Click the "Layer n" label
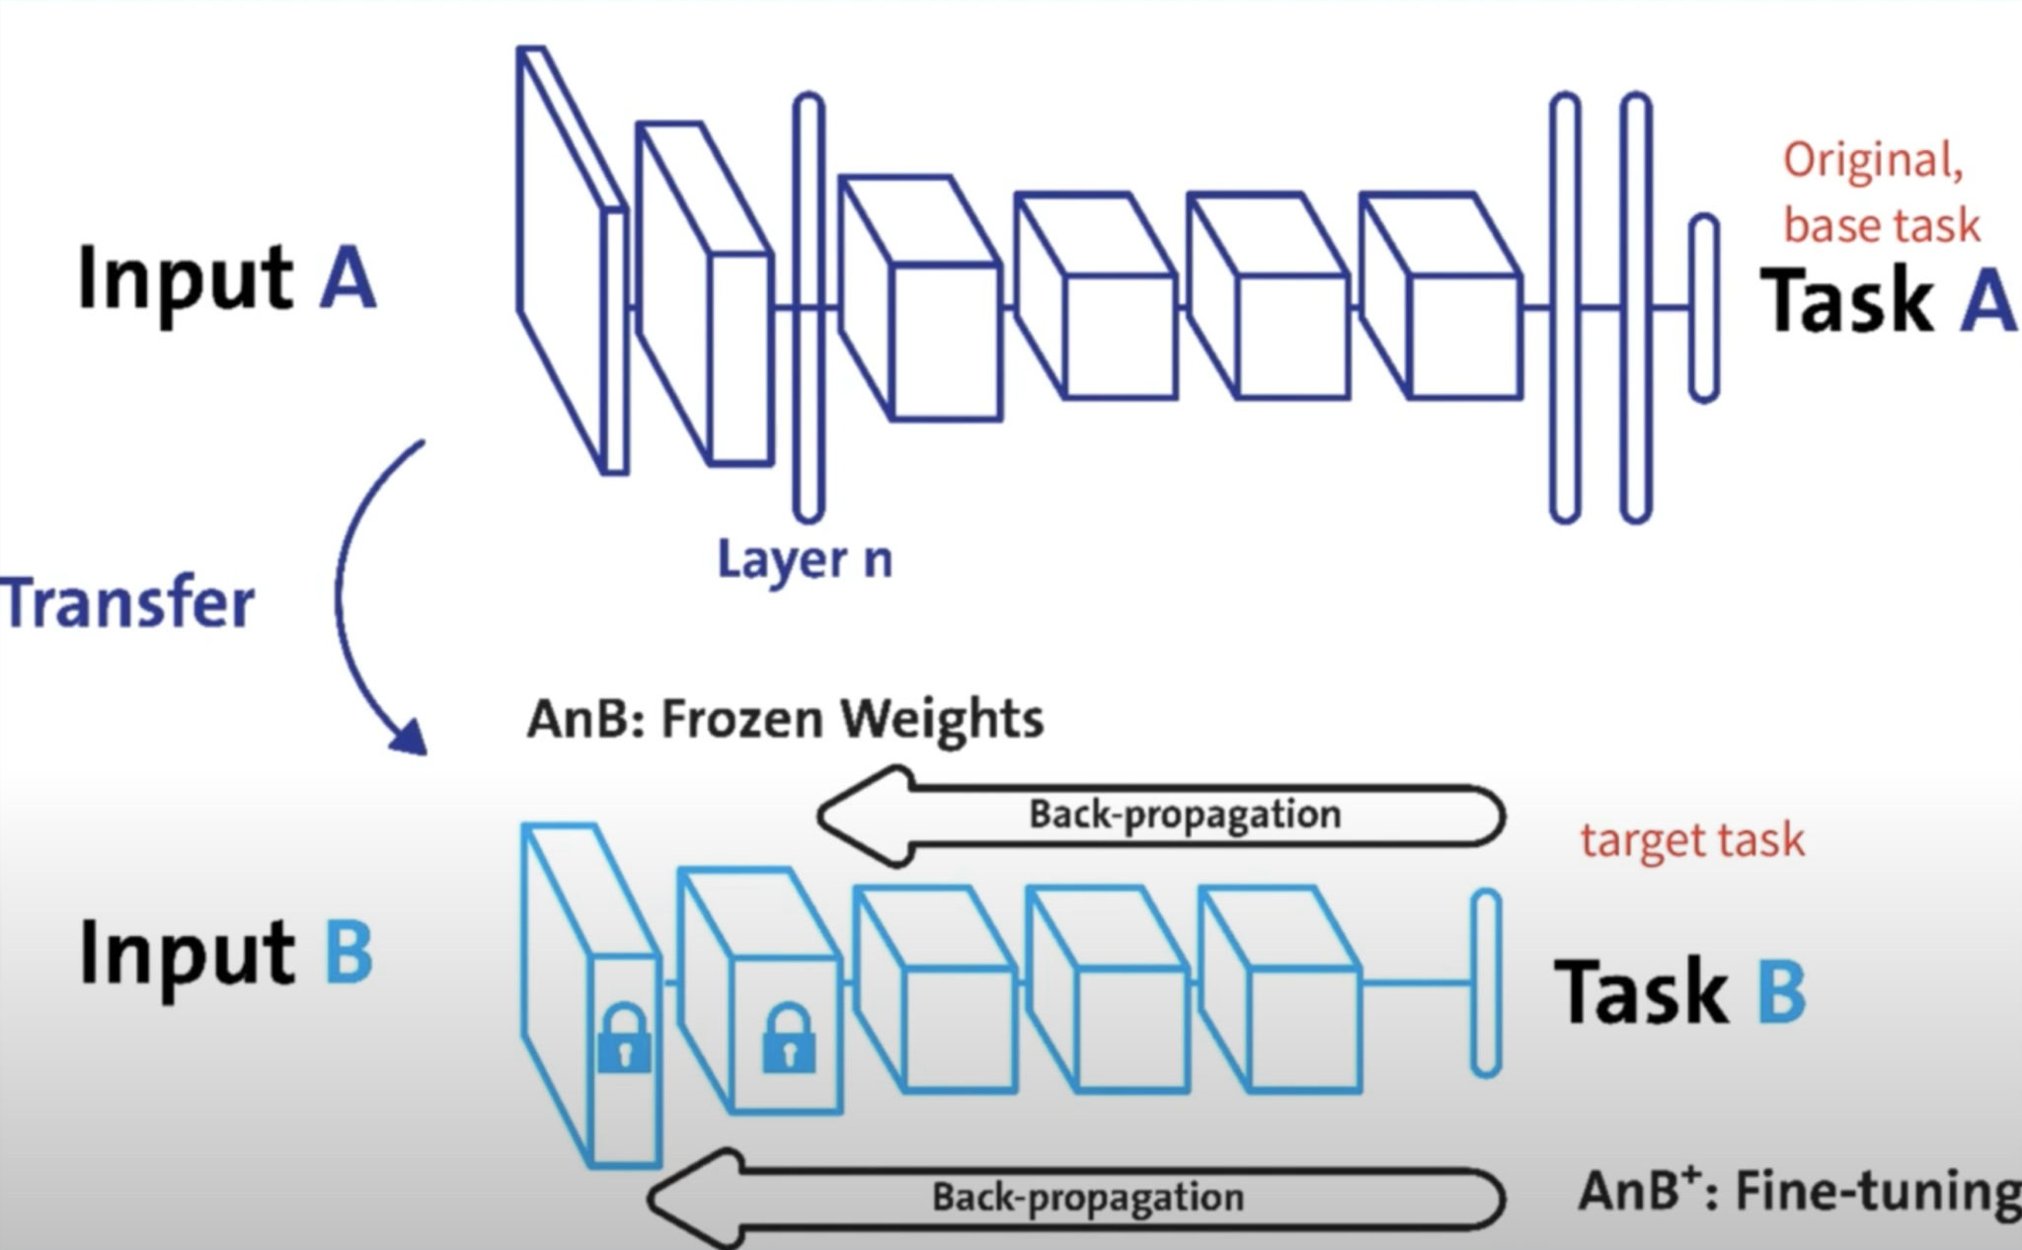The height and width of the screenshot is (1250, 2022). (804, 560)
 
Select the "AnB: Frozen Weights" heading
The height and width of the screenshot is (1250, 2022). (785, 718)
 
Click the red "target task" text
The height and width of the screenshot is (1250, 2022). (1692, 840)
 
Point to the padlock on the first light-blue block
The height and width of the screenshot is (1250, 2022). (624, 1040)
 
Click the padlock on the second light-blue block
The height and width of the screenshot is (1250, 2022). (789, 1040)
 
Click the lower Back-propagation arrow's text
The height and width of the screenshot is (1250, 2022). (1088, 1197)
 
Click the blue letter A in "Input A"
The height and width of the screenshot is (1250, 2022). (348, 278)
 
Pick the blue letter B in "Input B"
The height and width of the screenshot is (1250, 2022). (349, 953)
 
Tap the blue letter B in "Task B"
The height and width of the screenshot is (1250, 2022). (1781, 990)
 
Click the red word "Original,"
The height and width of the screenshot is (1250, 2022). (1873, 160)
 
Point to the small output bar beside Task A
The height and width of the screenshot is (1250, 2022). (1704, 308)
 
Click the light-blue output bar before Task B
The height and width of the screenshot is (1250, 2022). (1486, 982)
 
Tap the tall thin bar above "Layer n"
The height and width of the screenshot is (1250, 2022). (809, 306)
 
